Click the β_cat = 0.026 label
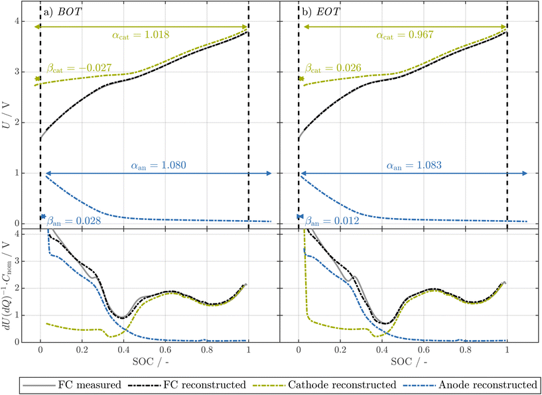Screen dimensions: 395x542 pyautogui.click(x=332, y=68)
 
